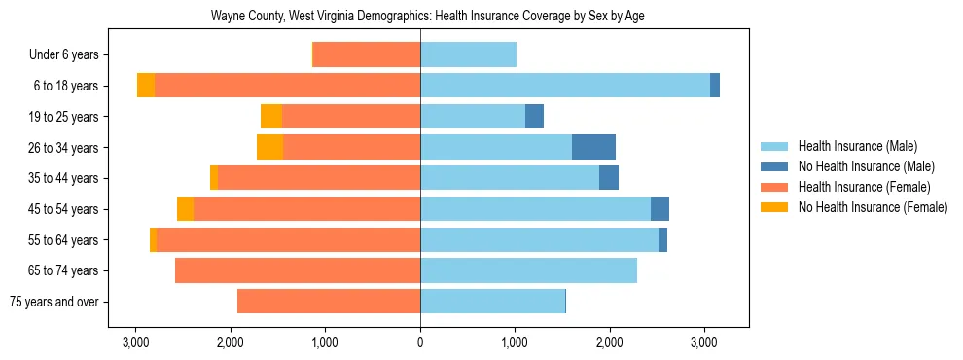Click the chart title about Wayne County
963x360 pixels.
pos(428,17)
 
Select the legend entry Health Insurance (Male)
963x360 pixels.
pos(857,146)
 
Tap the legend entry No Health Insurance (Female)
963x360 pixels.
pos(873,207)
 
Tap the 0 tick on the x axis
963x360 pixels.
pos(420,342)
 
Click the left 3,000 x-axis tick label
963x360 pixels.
pos(135,342)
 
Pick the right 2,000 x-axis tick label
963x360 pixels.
pos(610,342)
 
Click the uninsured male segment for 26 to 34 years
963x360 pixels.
pos(593,148)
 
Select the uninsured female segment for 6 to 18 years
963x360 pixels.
pos(146,86)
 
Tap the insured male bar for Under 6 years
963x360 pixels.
pos(468,55)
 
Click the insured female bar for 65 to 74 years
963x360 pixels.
pos(298,270)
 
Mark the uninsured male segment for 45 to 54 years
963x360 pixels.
pos(660,209)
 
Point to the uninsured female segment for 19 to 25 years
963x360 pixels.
pos(271,117)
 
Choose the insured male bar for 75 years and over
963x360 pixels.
pos(492,302)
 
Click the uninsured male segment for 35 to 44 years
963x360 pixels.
pos(609,178)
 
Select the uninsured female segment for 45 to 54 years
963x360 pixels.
pos(185,209)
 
